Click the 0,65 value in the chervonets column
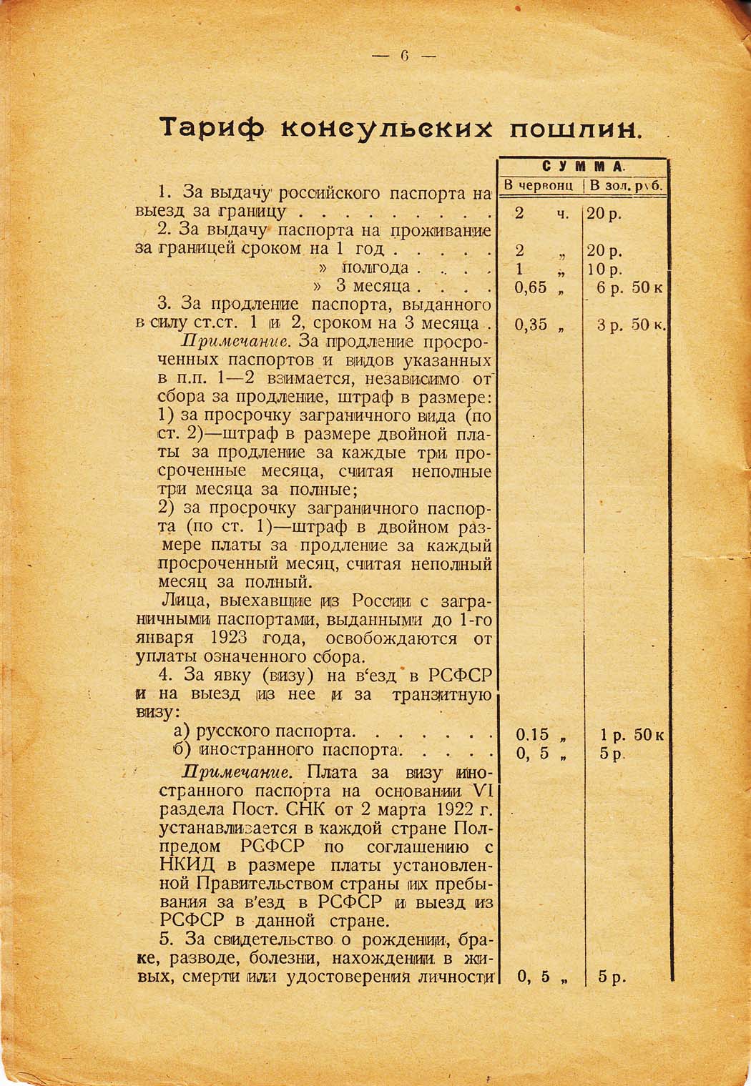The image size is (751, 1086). [531, 287]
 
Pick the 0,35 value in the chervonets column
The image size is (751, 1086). [531, 325]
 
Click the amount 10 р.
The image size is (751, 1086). [604, 270]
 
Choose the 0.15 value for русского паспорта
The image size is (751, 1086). [532, 735]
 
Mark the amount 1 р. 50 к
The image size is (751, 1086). [632, 735]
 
